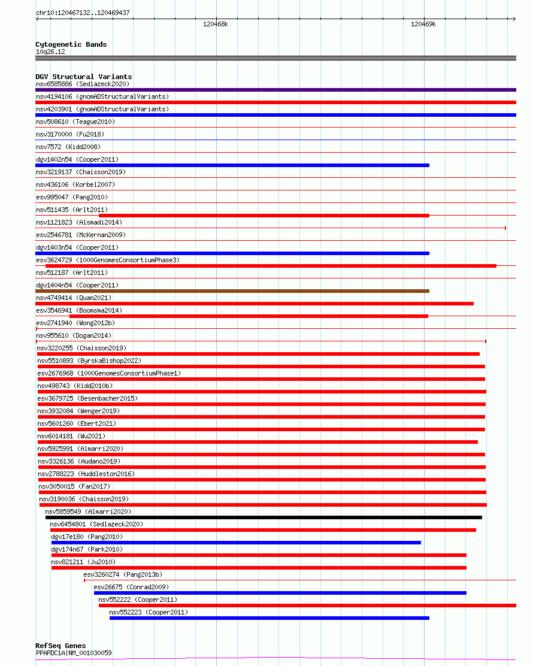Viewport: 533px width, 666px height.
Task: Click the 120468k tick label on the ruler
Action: tap(216, 25)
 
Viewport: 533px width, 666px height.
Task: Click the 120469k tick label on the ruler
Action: tap(423, 25)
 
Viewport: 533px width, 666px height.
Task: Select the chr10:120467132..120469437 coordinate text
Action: tap(83, 13)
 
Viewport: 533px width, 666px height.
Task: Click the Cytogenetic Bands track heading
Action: tap(71, 44)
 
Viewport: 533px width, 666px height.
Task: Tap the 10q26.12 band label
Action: tap(50, 52)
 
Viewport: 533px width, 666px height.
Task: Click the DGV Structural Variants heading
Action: tap(83, 77)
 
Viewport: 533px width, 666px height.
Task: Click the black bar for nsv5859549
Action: tap(264, 517)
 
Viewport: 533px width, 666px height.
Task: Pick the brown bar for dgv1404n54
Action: tap(232, 291)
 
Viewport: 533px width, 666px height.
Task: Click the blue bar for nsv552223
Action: tap(269, 618)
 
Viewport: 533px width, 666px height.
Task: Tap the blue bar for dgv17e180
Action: tap(236, 543)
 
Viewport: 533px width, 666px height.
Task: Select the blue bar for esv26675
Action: tap(280, 593)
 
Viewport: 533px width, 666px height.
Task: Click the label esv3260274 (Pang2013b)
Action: tap(123, 574)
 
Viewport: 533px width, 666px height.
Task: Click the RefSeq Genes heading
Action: tap(60, 646)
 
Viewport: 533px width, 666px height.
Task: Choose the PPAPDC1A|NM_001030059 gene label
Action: tap(74, 653)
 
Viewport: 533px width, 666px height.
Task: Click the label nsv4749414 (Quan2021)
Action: tap(74, 298)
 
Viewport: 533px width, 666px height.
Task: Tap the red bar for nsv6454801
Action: tap(263, 530)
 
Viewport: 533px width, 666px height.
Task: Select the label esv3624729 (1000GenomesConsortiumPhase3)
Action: tap(107, 260)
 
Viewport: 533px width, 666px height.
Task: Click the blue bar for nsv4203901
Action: tap(275, 115)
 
